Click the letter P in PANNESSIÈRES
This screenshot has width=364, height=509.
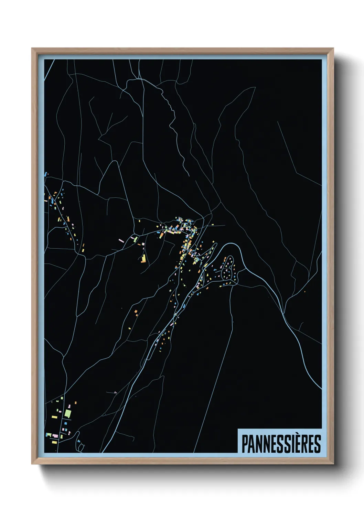tap(245, 444)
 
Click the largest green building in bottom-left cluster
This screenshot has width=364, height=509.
tap(68, 413)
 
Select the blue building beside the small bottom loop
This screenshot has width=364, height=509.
tap(78, 441)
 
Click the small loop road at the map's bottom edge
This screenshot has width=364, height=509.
tap(81, 447)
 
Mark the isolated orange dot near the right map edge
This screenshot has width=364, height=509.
tap(304, 292)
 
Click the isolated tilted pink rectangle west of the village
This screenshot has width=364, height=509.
tap(121, 241)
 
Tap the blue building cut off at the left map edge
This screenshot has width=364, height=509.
tap(45, 175)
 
